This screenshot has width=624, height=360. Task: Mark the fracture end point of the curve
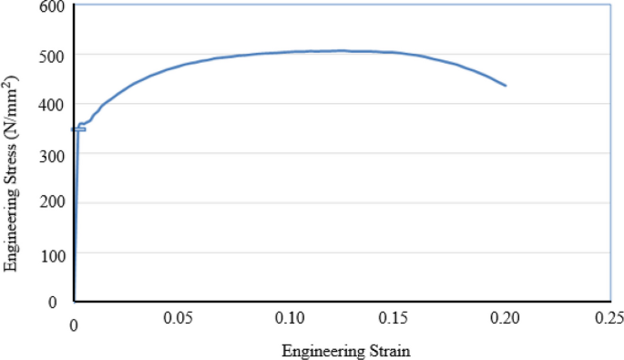point(505,86)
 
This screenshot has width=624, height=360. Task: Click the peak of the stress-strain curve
point(342,51)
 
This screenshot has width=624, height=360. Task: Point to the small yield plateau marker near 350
point(78,129)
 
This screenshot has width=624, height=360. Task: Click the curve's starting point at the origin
point(74,300)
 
